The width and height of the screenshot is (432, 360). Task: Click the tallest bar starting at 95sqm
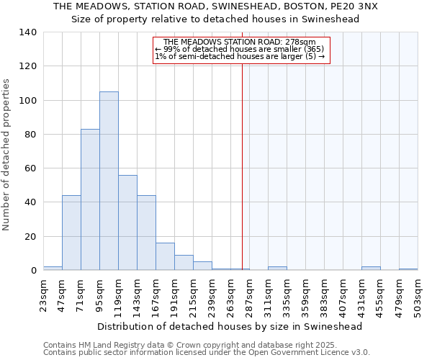tap(109, 181)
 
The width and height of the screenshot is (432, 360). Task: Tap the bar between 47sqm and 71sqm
tap(71, 233)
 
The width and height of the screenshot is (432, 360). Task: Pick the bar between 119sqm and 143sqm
tap(127, 222)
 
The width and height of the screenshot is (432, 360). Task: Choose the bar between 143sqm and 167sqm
tap(146, 233)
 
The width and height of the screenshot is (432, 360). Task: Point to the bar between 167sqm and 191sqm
tap(165, 256)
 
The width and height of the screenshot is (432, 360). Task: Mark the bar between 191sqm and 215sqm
tap(184, 263)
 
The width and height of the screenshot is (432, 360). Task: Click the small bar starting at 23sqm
tap(53, 269)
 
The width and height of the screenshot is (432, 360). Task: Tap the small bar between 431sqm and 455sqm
tap(371, 269)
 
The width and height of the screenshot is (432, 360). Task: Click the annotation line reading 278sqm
tap(240, 42)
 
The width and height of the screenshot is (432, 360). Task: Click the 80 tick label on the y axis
tap(30, 135)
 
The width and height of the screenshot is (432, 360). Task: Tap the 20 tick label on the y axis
tap(30, 237)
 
